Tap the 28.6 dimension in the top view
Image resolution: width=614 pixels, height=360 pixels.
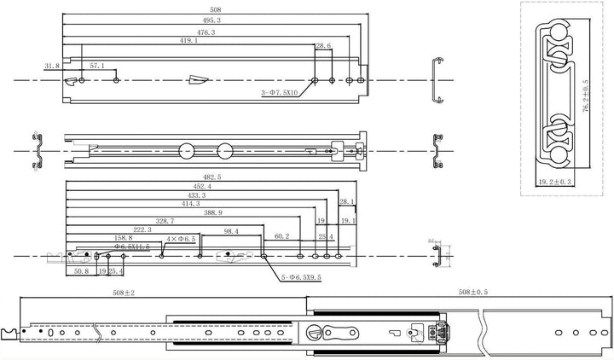click(323, 46)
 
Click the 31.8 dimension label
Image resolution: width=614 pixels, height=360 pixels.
click(52, 66)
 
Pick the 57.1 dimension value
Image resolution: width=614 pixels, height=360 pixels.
click(97, 66)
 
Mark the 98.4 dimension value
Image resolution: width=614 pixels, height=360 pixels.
click(231, 230)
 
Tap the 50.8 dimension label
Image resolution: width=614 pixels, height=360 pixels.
click(82, 271)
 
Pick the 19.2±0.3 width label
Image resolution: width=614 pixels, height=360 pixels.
click(554, 183)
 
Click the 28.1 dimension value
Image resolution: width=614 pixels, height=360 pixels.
click(346, 202)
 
